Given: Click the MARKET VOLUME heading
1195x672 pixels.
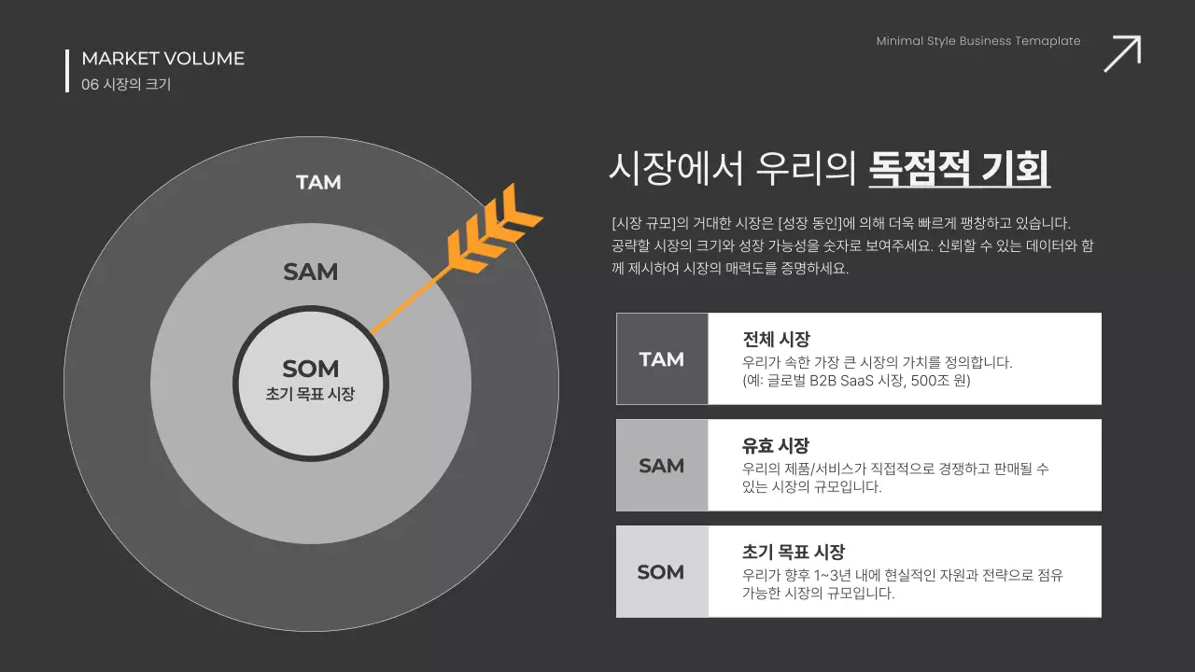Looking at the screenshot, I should [162, 59].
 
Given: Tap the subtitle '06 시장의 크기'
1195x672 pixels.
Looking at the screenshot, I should [126, 84].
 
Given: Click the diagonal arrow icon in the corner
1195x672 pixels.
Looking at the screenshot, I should [1122, 53].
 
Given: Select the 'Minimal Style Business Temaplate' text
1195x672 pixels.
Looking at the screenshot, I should [978, 41].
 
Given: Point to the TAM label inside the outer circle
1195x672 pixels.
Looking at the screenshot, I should [318, 182].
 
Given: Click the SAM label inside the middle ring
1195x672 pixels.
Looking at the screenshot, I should [311, 272].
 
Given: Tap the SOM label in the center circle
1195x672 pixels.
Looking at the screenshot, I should [311, 369].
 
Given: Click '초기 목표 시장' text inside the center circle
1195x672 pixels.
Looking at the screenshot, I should [311, 394].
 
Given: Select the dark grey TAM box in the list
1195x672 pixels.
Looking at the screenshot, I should [662, 359].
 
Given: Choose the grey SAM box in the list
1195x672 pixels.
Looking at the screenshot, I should [662, 466].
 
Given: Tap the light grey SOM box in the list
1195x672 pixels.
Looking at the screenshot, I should [662, 572].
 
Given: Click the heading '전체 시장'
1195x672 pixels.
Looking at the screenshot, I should [776, 339].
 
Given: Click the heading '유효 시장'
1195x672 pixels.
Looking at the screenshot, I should [776, 445].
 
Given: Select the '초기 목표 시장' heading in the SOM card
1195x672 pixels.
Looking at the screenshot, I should [794, 552].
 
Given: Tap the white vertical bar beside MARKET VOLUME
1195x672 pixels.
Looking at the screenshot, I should [67, 71].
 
